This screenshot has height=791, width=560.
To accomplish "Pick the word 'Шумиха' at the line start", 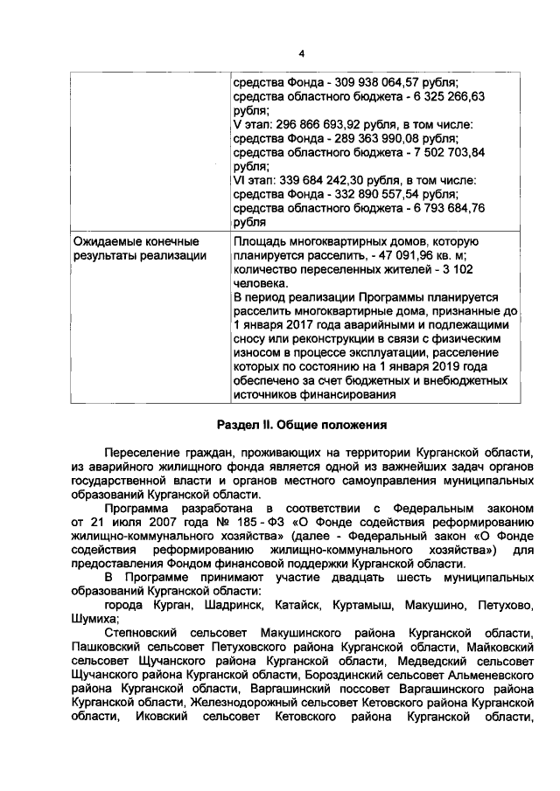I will (94, 618).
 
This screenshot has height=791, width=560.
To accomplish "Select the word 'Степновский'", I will (138, 632).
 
